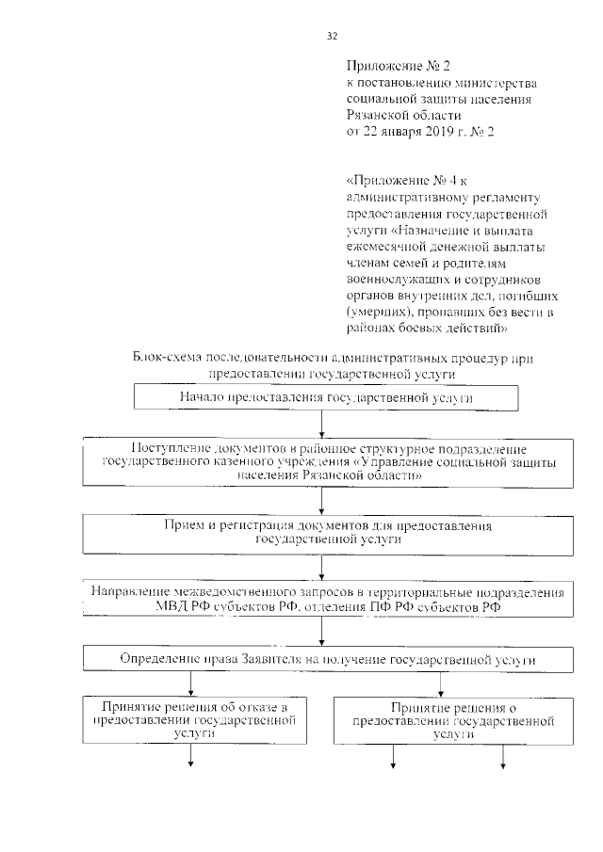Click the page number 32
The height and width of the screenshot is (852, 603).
coord(332,36)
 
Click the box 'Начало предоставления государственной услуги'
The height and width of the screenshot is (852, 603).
coord(325,398)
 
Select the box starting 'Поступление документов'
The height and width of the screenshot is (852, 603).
coord(325,463)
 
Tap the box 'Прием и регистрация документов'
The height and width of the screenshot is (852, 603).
coord(325,532)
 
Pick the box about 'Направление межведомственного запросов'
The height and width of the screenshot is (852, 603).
coord(325,599)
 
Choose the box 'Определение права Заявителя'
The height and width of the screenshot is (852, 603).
coord(325,658)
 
